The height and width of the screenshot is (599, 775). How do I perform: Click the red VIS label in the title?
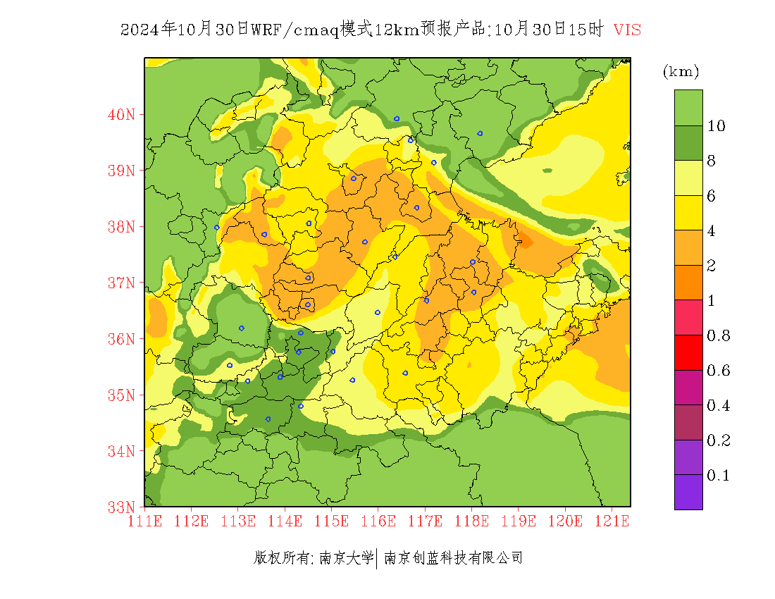627,30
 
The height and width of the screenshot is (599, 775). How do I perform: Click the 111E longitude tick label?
144,521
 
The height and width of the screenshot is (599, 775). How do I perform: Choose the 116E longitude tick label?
378,521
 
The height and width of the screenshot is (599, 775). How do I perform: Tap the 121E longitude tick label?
612,521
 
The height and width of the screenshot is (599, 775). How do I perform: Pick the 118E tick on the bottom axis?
471,521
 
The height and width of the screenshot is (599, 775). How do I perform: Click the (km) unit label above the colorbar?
681,71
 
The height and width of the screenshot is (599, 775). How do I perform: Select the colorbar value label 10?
717,126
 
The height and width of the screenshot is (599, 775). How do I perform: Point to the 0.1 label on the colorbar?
718,476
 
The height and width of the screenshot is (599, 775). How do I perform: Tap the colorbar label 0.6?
718,371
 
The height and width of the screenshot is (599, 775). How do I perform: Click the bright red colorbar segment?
688,353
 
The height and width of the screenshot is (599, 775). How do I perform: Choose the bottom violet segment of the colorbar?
688,492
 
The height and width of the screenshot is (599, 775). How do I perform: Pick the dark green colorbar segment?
688,143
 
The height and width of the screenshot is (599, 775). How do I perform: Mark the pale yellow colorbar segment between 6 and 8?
688,178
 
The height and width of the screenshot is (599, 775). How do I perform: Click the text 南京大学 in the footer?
346,558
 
